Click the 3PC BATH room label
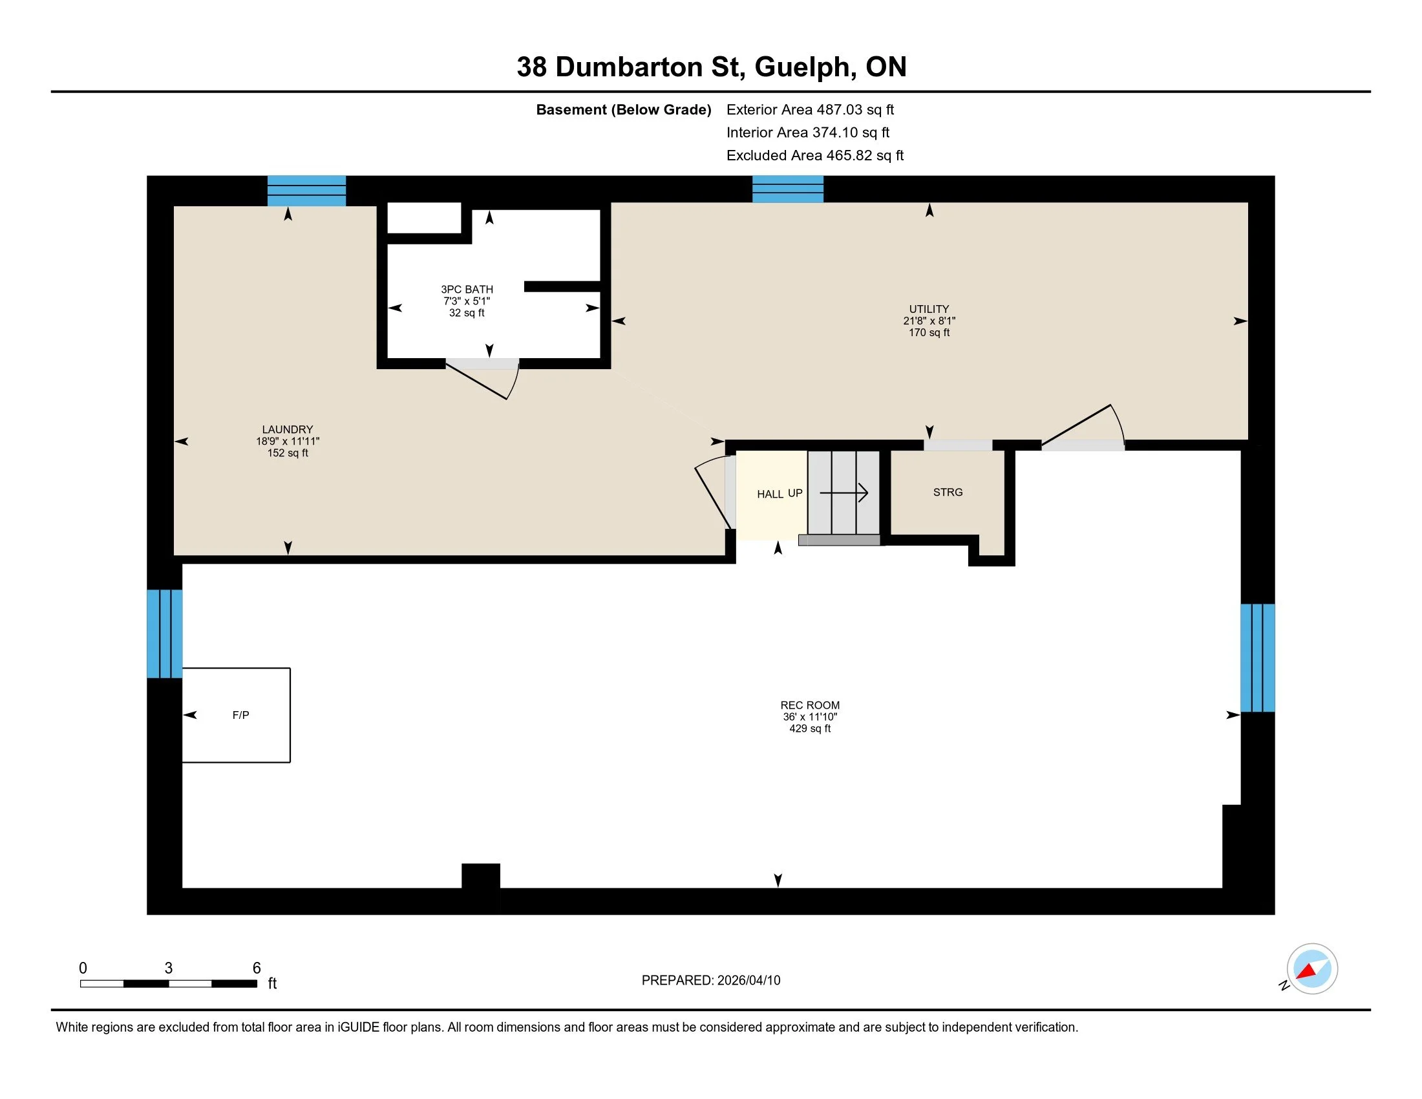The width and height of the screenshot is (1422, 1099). [x=467, y=290]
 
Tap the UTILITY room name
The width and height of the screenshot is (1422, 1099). [x=929, y=309]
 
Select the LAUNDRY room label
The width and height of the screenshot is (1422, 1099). [x=287, y=430]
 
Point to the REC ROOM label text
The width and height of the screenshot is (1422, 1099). [x=810, y=705]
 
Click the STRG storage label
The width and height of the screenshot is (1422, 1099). [x=948, y=492]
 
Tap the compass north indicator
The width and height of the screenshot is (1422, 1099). [x=1311, y=969]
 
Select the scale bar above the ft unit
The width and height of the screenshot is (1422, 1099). [x=169, y=983]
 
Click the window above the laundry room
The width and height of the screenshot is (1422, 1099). [x=306, y=191]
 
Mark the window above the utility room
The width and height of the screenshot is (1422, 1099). [x=788, y=189]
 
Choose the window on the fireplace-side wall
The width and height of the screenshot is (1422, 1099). [x=165, y=634]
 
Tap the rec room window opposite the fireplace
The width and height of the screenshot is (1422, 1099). [x=1257, y=657]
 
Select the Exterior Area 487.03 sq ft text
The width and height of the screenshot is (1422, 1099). [x=810, y=110]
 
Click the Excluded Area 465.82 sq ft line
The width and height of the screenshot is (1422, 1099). [x=814, y=156]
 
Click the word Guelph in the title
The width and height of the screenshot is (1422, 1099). [x=802, y=67]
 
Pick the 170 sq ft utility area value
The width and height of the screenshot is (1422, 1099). [x=929, y=333]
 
